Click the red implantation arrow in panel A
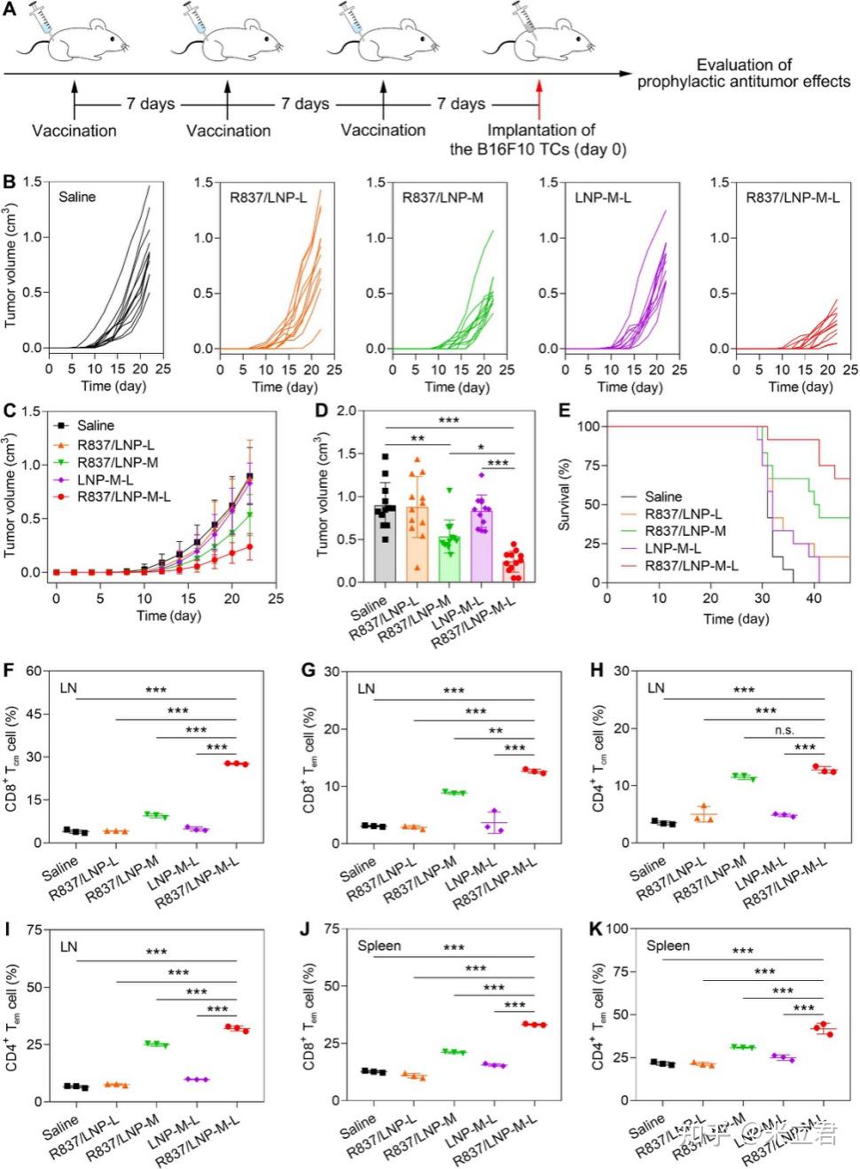(x=538, y=99)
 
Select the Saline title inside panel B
(x=77, y=197)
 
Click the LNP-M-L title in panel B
(x=602, y=197)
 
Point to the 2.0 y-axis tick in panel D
(x=346, y=412)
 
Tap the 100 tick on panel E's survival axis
(x=589, y=427)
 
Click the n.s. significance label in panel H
(x=784, y=730)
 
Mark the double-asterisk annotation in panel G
(x=496, y=731)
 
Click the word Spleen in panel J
(x=379, y=946)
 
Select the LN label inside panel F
(x=68, y=687)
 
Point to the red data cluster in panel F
(x=237, y=763)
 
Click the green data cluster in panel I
(x=157, y=1044)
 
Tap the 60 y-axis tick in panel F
(x=35, y=671)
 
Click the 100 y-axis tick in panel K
(x=617, y=930)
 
